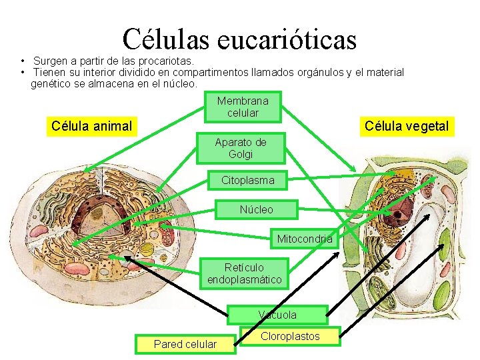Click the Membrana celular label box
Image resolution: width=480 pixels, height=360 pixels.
243,107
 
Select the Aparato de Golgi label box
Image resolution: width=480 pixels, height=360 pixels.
241,148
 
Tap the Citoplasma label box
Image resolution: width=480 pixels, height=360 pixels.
248,180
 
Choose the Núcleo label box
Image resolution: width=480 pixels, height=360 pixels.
257,209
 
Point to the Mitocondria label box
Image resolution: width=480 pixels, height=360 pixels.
304,239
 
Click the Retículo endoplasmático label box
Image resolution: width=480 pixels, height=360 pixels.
245,273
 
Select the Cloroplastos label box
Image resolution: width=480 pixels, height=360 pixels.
290,336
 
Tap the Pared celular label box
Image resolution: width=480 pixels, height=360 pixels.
185,344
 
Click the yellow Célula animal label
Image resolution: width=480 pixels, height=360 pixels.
91,125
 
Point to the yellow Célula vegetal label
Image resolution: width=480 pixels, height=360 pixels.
407,125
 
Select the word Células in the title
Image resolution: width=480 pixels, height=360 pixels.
165,39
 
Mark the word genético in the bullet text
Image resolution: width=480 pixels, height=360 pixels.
51,84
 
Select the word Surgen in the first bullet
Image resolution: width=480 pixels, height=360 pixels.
51,61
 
